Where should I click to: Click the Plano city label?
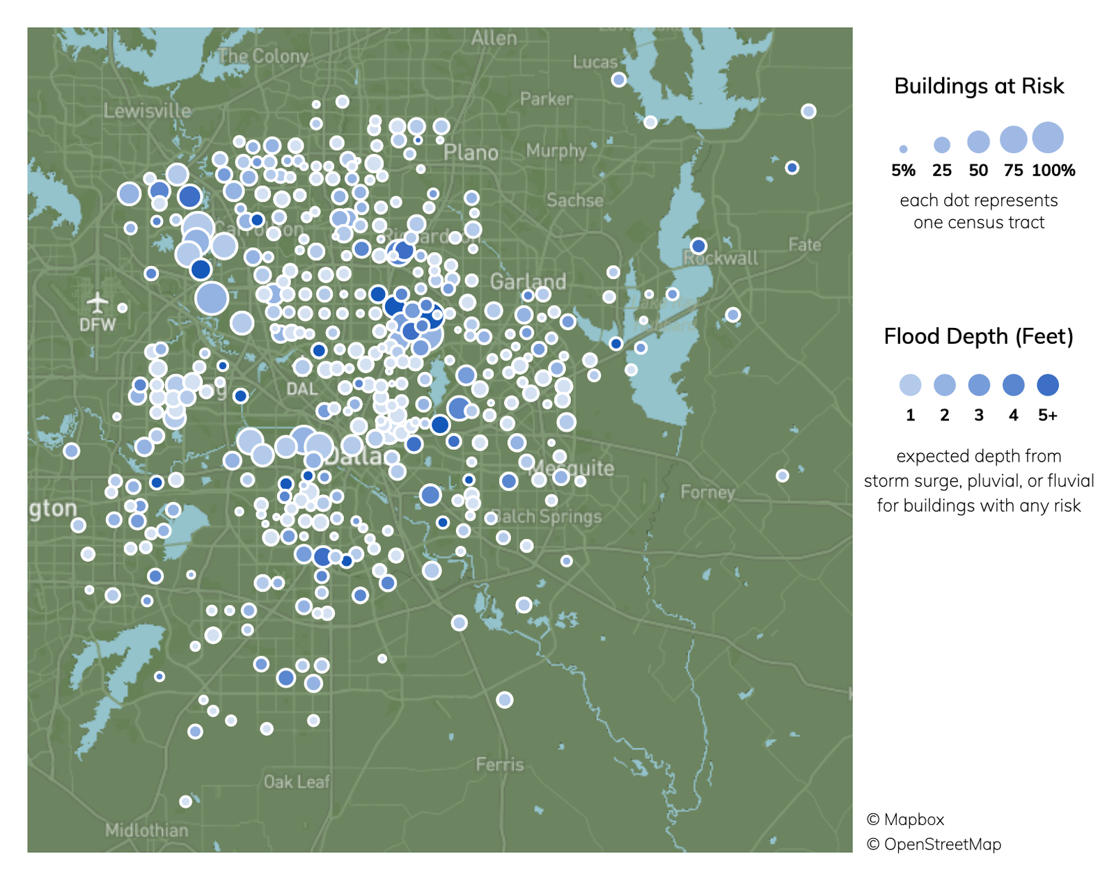pos(471,152)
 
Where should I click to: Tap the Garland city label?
pos(528,282)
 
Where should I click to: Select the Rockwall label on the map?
pos(721,258)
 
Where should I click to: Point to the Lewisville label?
pos(147,111)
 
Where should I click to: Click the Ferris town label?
pos(499,764)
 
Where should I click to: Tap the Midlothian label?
pos(146,830)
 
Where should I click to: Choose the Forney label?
pos(707,492)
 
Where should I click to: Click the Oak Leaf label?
pos(297,782)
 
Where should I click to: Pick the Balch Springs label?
pos(547,517)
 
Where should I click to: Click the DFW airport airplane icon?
pos(98,303)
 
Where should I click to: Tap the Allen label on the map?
pos(494,38)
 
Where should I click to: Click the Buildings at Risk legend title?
pos(978,86)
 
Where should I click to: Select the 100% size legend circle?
pos(1048,137)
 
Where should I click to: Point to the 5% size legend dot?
pos(903,149)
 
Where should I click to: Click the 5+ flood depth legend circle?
pos(1047,385)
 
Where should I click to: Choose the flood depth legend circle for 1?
pos(910,385)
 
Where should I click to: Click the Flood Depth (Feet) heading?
pos(978,336)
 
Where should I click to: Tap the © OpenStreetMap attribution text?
pos(934,844)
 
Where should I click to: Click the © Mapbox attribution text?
pos(905,819)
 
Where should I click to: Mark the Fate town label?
pos(805,244)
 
